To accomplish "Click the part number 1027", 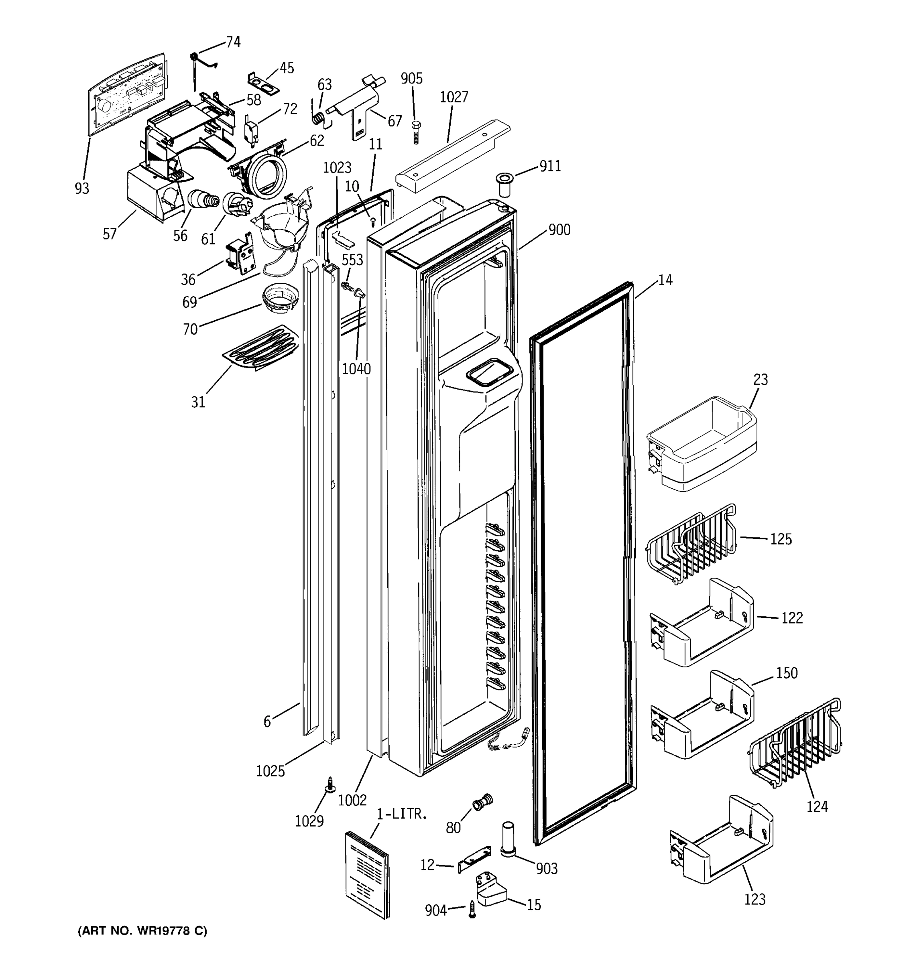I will point(454,98).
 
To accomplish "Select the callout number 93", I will point(82,188).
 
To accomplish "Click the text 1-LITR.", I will point(402,814).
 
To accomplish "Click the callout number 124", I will point(817,807).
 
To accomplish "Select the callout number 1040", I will point(356,369).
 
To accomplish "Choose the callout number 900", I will point(559,230).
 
